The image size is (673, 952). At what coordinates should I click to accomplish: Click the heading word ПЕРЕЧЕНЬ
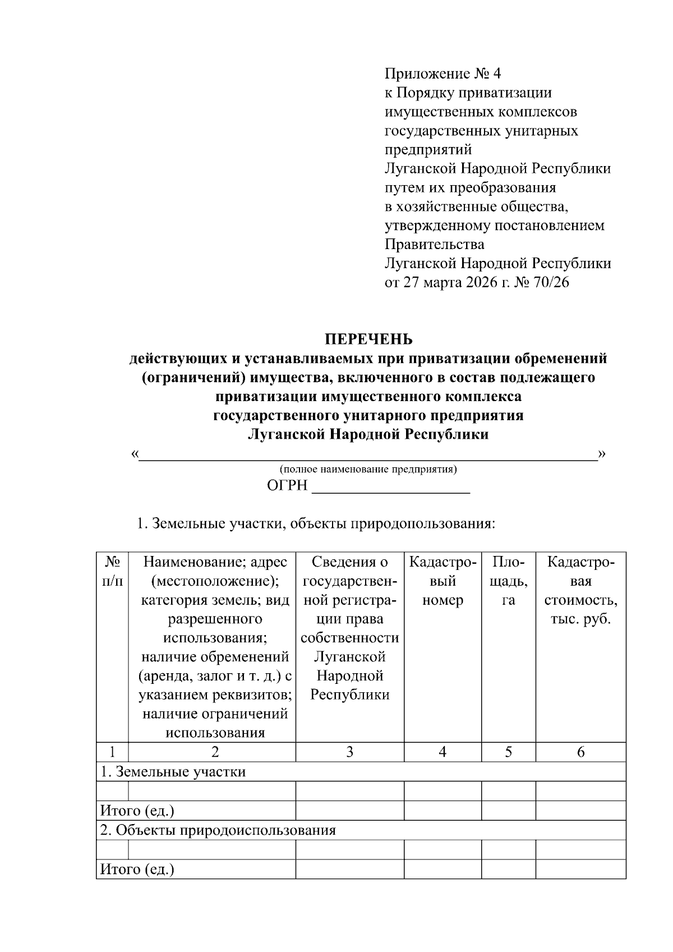(369, 339)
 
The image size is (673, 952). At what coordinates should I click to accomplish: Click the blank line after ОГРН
(390, 487)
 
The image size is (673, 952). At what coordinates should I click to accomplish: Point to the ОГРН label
(287, 486)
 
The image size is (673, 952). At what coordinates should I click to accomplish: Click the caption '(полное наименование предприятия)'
(368, 469)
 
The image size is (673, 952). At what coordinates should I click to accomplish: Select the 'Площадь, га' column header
(508, 581)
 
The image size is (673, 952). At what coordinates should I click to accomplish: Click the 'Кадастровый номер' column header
(442, 581)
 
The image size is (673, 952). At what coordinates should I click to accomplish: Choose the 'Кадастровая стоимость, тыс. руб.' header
(580, 590)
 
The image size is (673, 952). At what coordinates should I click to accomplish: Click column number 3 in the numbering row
(349, 752)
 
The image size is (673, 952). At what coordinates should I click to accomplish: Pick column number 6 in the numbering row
(580, 752)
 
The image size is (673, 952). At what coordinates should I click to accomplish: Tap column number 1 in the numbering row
(112, 752)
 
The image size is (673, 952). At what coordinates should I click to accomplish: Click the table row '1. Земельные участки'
(173, 771)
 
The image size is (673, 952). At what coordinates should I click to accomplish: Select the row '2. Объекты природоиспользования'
(218, 830)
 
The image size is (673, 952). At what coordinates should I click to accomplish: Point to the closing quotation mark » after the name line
(602, 453)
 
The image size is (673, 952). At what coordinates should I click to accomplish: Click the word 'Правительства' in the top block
(434, 245)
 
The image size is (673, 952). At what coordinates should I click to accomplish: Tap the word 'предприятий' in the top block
(428, 150)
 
